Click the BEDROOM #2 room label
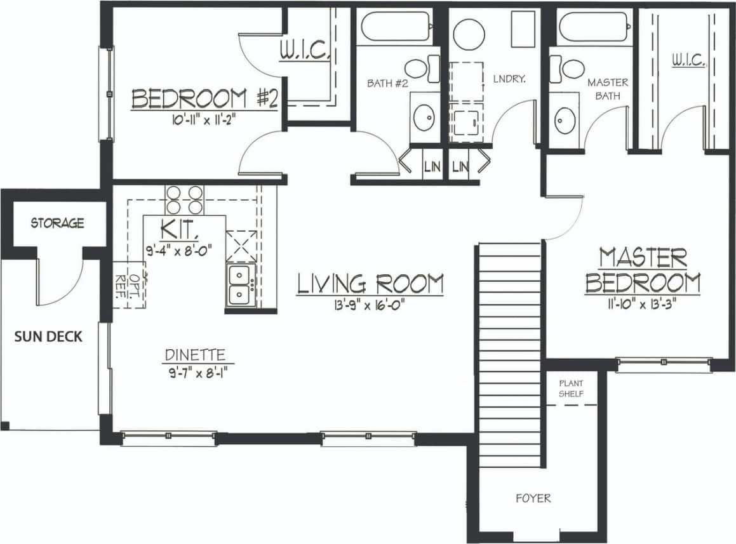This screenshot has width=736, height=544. (204, 99)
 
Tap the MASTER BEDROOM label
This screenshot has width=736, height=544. (643, 270)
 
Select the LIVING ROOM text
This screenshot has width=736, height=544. (370, 284)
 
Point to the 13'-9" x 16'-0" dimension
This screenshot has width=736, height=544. (370, 305)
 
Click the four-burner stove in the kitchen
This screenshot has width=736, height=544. (184, 199)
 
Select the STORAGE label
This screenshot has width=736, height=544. (57, 223)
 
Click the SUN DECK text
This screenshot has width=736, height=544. (48, 336)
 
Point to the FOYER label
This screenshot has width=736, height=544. (533, 498)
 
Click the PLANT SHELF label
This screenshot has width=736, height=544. (571, 388)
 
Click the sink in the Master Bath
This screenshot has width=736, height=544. (565, 120)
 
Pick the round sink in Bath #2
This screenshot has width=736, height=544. (424, 117)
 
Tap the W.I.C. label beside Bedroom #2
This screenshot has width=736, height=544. (304, 51)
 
